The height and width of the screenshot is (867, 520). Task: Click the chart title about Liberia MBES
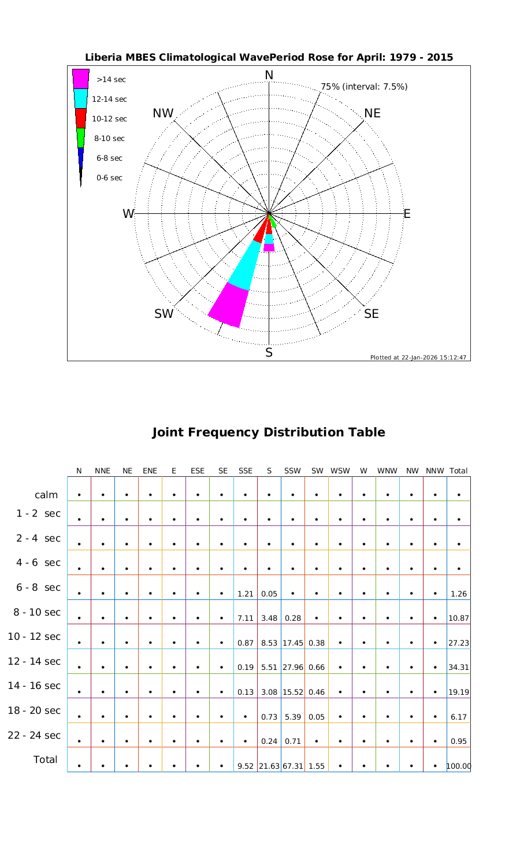pyautogui.click(x=269, y=58)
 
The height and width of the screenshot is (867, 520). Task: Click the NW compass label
pyautogui.click(x=164, y=114)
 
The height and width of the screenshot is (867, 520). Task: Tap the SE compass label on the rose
pyautogui.click(x=372, y=314)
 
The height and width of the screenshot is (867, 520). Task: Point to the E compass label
pyautogui.click(x=407, y=214)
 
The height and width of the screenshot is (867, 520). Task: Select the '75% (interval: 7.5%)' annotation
pyautogui.click(x=364, y=87)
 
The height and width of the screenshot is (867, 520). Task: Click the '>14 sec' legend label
pyautogui.click(x=112, y=80)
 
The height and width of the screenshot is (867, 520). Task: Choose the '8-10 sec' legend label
pyautogui.click(x=109, y=139)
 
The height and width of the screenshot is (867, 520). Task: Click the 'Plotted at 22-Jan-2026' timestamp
pyautogui.click(x=418, y=357)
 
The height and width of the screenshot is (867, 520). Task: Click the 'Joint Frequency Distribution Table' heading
pyautogui.click(x=268, y=432)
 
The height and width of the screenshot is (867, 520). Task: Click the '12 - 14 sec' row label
pyautogui.click(x=34, y=661)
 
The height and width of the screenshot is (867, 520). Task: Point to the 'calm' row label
pyautogui.click(x=46, y=495)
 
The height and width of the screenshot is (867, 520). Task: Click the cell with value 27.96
pyautogui.click(x=293, y=668)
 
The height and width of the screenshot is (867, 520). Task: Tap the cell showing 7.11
pyautogui.click(x=246, y=618)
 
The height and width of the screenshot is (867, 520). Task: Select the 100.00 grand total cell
pyautogui.click(x=459, y=767)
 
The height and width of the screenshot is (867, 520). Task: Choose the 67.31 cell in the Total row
pyautogui.click(x=293, y=767)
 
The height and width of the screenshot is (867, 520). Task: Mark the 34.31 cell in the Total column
pyautogui.click(x=459, y=668)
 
